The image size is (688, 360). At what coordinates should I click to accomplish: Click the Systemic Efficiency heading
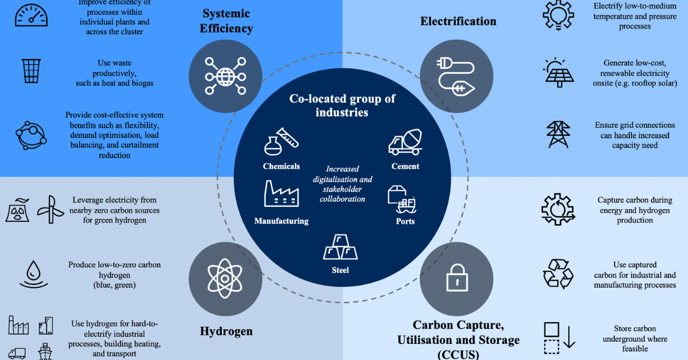click(226, 21)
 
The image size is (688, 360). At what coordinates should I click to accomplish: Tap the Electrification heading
click(458, 21)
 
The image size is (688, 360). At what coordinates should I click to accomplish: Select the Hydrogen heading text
click(226, 331)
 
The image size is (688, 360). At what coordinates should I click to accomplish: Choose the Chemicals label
click(281, 166)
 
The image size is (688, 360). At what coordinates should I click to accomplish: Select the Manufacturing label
click(281, 221)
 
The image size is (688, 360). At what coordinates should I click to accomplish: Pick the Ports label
click(405, 221)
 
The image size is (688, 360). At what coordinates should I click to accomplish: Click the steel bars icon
click(340, 247)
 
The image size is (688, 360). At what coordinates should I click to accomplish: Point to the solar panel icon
click(558, 72)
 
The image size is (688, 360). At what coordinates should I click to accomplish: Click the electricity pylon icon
click(558, 135)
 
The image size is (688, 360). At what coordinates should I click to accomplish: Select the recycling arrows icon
click(558, 274)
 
